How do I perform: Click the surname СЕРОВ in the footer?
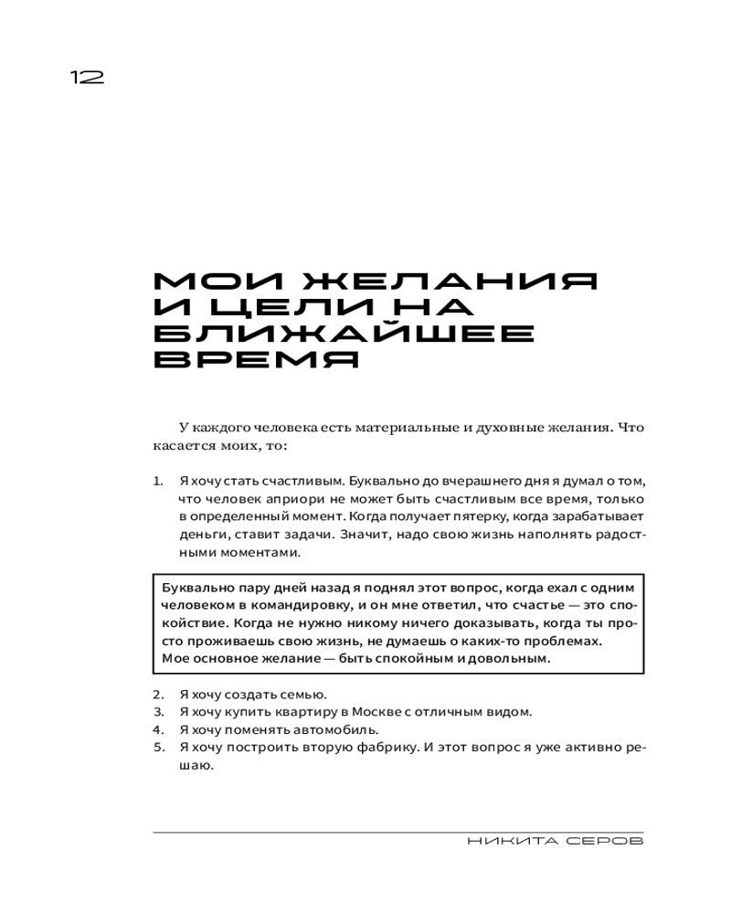pos(601,841)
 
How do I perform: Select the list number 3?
pos(157,711)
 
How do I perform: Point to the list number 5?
pos(157,748)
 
